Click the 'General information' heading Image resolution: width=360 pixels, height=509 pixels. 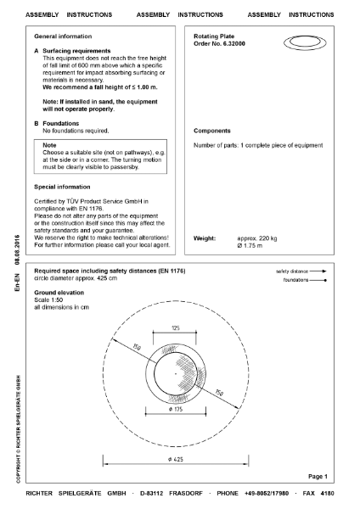63,37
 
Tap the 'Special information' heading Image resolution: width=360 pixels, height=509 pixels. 62,186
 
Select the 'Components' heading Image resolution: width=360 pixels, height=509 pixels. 213,131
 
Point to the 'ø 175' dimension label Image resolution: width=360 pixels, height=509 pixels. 177,409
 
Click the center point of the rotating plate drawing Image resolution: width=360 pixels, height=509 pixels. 176,372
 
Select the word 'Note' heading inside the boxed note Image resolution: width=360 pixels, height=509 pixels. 51,145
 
